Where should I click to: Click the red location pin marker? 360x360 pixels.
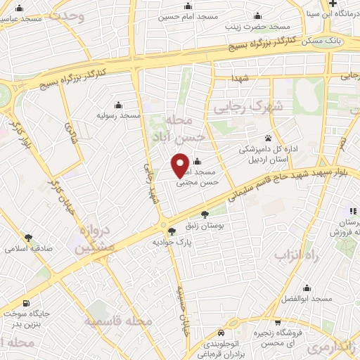pyautogui.click(x=180, y=164)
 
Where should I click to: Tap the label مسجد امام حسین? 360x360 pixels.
pyautogui.click(x=188, y=15)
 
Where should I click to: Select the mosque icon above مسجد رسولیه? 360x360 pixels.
pyautogui.click(x=117, y=104)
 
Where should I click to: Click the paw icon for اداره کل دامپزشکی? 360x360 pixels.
pyautogui.click(x=268, y=138)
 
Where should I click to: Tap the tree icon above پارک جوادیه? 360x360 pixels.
pyautogui.click(x=171, y=231)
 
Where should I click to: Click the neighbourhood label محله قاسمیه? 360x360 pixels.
pyautogui.click(x=118, y=321)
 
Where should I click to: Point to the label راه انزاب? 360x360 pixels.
pyautogui.click(x=296, y=256)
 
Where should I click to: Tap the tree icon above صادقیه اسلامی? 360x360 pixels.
pyautogui.click(x=28, y=238)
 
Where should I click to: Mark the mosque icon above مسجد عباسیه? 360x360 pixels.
pyautogui.click(x=19, y=8)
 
